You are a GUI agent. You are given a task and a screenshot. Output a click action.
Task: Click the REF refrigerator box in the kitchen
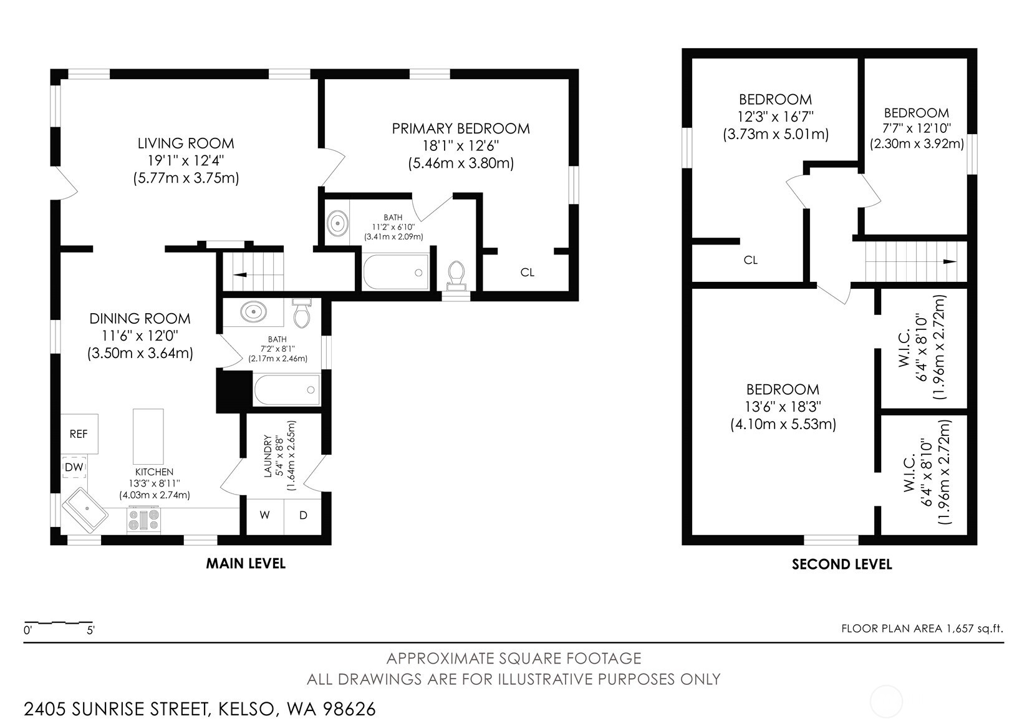coord(79,433)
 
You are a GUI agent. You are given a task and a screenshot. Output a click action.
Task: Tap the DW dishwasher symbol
coord(74,467)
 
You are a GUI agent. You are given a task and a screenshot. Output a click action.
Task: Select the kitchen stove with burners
coord(145,520)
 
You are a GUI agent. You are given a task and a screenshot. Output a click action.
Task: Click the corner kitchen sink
coord(85,511)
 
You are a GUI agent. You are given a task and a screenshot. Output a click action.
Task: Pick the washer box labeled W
coord(265,515)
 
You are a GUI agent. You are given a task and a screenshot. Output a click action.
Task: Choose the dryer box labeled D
coord(303,515)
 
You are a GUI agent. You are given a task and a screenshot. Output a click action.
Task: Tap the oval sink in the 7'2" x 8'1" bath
coord(254,311)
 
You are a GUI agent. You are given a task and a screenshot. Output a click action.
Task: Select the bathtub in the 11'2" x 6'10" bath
coord(397,272)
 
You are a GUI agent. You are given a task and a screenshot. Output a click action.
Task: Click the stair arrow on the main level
coord(239,274)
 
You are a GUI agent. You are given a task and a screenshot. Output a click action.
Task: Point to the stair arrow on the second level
coord(949,261)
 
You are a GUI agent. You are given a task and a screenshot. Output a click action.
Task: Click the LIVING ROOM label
coord(186,143)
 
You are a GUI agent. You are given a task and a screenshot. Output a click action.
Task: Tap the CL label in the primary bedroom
coord(528,272)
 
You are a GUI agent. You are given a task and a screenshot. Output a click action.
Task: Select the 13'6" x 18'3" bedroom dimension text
coord(783,407)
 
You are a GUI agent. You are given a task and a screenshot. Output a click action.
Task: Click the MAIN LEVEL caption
coord(246,563)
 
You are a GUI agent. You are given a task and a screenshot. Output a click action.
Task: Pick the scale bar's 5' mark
coord(90,630)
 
